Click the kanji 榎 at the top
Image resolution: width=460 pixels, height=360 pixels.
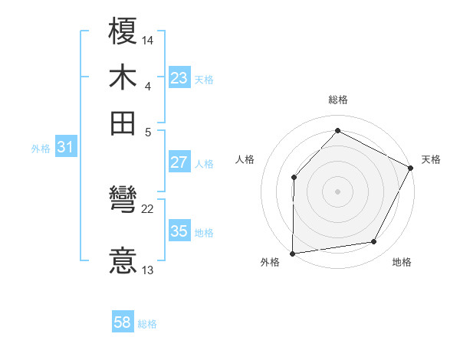click(123, 33)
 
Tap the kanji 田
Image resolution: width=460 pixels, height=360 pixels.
click(123, 122)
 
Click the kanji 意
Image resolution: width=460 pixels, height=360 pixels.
click(123, 260)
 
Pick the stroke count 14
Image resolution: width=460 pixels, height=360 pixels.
click(148, 39)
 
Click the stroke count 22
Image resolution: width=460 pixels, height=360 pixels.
click(148, 208)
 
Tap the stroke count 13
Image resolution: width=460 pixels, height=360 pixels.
click(148, 270)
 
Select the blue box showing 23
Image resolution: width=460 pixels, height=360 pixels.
click(179, 78)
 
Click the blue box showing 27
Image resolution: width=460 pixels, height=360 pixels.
click(179, 162)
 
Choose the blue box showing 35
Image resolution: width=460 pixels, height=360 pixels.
click(179, 231)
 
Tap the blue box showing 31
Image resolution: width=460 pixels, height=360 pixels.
click(64, 148)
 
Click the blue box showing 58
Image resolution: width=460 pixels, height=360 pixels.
click(123, 323)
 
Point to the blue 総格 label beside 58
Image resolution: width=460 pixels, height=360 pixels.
click(147, 325)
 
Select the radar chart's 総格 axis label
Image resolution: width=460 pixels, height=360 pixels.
click(337, 100)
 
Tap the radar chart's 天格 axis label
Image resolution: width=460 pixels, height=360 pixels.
click(431, 159)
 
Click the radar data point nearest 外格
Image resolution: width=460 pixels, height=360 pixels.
click(292, 253)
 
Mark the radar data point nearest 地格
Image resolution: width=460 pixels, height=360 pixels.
click(374, 242)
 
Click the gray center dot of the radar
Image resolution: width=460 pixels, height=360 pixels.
click(337, 191)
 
